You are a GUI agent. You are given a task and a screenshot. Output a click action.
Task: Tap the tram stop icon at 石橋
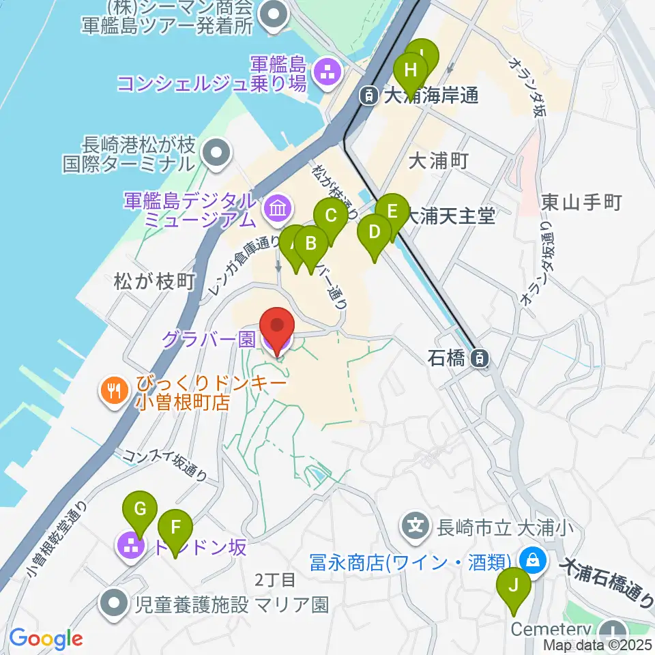[x=482, y=357]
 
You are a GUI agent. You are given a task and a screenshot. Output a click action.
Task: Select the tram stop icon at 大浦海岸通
[x=368, y=96]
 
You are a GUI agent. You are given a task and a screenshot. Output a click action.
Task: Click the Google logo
[x=46, y=639]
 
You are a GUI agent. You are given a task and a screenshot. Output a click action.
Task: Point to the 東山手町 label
[x=581, y=202]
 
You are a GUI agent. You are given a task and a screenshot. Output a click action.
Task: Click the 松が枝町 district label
[x=145, y=280]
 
